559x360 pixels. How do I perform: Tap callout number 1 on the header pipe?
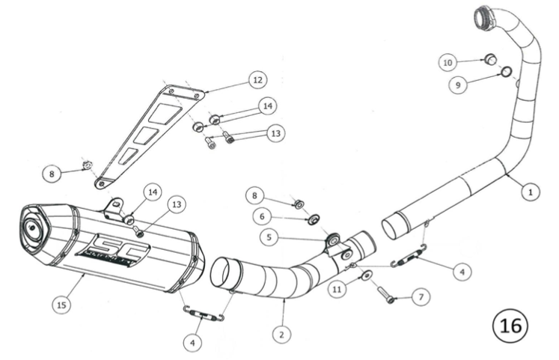pyautogui.click(x=529, y=192)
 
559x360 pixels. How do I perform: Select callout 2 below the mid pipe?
pyautogui.click(x=281, y=335)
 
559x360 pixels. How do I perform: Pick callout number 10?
pyautogui.click(x=448, y=63)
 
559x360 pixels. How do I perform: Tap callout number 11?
pyautogui.click(x=337, y=287)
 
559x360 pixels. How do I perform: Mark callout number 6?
pyautogui.click(x=263, y=216)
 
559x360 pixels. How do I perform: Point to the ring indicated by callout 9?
pyautogui.click(x=506, y=72)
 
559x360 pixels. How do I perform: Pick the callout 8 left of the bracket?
pyautogui.click(x=51, y=174)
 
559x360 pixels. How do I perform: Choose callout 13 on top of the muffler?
pyautogui.click(x=176, y=204)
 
